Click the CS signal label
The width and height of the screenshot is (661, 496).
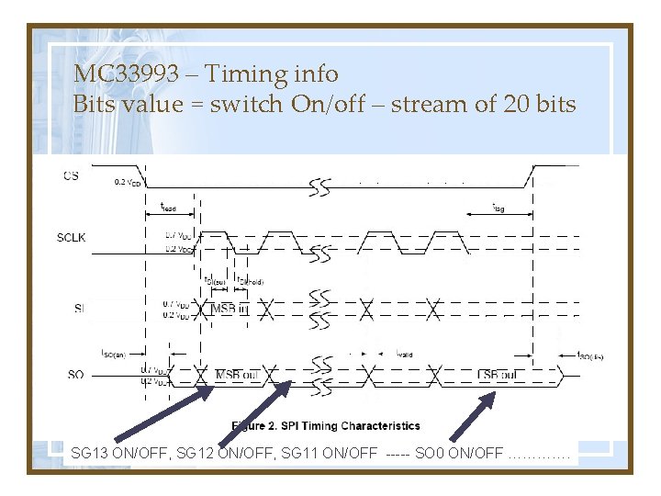[71, 175]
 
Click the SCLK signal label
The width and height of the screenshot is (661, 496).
[72, 238]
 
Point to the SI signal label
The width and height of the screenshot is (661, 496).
[80, 308]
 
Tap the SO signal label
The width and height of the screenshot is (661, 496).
[76, 373]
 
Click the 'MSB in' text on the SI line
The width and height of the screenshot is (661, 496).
[229, 308]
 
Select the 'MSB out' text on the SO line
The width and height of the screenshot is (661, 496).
[236, 375]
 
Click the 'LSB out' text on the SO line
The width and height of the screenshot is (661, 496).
[498, 375]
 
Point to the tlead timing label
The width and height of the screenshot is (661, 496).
[168, 208]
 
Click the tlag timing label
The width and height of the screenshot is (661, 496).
[498, 208]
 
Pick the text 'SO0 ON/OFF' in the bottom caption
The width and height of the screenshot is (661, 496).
[459, 452]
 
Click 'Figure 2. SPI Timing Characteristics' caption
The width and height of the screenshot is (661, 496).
[326, 425]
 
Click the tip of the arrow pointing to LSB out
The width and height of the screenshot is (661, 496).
[495, 394]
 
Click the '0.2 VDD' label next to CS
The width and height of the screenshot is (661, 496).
[127, 182]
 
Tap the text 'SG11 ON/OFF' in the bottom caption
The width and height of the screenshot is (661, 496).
[336, 452]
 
